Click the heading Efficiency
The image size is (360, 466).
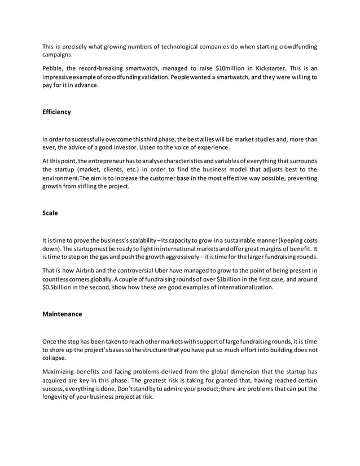click(x=56, y=112)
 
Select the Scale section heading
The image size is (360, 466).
click(x=51, y=213)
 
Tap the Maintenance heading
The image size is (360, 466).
click(x=62, y=314)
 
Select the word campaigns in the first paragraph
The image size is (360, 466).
click(x=58, y=55)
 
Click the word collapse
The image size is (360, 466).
click(x=54, y=358)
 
